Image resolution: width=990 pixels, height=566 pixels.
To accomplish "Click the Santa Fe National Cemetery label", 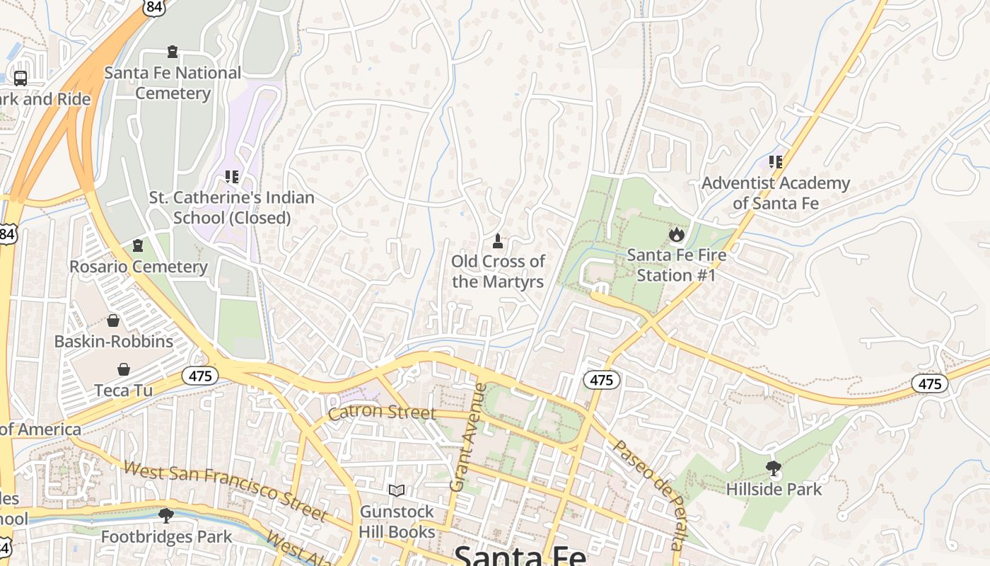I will [x=173, y=83].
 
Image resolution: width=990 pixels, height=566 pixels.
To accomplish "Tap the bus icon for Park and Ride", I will [x=21, y=78].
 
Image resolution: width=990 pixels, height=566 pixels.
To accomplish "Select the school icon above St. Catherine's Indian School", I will [x=231, y=176].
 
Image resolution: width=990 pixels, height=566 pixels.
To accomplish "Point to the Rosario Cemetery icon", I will [x=138, y=246].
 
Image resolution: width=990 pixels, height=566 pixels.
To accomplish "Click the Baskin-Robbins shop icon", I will [x=113, y=320].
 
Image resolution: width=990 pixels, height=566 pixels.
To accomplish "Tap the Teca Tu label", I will [x=123, y=391].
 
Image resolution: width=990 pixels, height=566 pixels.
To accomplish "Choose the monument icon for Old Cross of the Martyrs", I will [x=498, y=241].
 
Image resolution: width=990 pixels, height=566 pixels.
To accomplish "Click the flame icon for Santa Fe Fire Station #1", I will [x=676, y=234].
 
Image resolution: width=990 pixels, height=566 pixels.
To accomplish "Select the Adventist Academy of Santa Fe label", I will [x=775, y=193].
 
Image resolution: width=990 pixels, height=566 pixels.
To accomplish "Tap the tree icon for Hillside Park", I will [x=774, y=468].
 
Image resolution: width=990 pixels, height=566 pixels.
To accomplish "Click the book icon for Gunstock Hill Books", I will [x=397, y=490].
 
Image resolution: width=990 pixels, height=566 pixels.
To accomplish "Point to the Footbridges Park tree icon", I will [x=166, y=515].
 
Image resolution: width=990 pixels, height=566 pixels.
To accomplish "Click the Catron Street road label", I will [x=382, y=412].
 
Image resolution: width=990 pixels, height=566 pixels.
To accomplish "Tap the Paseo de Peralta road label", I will [x=648, y=494].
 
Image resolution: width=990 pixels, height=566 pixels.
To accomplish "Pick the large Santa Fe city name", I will [x=520, y=555].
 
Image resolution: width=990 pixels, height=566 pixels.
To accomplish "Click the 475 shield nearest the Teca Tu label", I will [x=200, y=376].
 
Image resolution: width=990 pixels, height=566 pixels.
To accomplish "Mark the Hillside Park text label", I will [x=774, y=489].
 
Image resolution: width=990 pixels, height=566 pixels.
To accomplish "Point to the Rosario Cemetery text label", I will [x=138, y=267].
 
